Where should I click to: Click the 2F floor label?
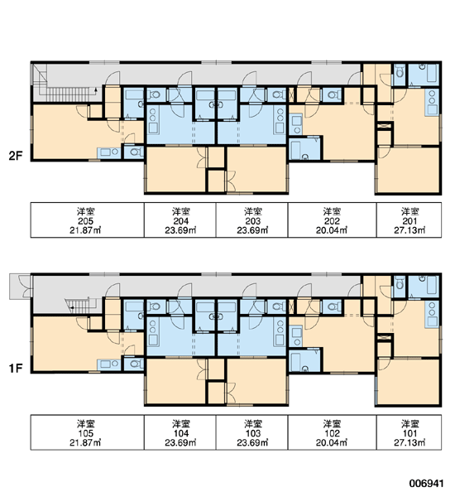16,156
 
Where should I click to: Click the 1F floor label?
16,369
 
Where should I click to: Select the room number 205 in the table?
86,221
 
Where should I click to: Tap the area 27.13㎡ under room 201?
409,230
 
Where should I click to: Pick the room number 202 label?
332,221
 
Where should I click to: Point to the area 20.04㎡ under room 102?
332,442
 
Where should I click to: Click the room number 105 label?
86,433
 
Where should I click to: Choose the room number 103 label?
252,433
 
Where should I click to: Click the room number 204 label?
181,221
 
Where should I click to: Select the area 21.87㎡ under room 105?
85,442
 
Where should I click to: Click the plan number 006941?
427,484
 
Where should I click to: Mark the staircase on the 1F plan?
81,306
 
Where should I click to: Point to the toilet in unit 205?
134,152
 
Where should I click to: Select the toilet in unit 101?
400,283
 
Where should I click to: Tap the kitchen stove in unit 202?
296,124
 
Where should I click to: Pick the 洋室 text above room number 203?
252,211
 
